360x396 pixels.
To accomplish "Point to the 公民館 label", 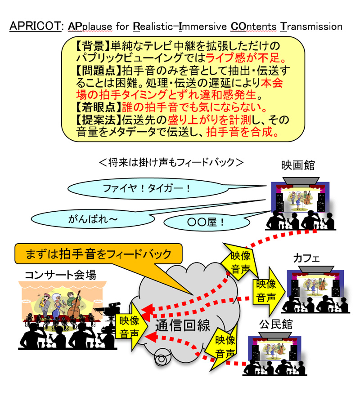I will [x=272, y=324].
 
